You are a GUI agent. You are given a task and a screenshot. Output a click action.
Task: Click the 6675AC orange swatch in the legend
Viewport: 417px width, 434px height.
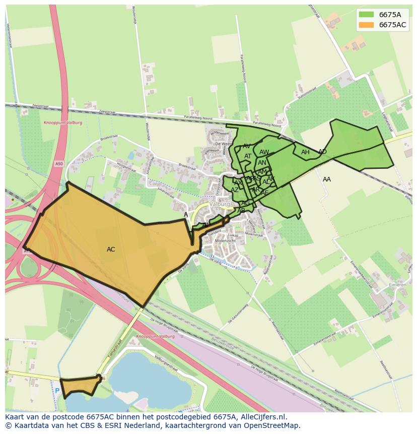click(x=367, y=25)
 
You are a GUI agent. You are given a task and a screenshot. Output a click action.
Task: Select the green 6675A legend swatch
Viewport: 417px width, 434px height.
click(x=367, y=15)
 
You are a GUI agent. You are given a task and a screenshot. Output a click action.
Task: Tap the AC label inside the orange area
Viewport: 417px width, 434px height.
click(x=111, y=250)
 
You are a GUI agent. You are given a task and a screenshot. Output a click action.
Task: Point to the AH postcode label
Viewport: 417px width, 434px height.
click(x=305, y=152)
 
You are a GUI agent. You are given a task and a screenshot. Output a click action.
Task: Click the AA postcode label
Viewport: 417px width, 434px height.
click(x=327, y=179)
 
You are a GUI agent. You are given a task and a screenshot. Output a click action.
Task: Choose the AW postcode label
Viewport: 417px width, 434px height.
click(x=264, y=152)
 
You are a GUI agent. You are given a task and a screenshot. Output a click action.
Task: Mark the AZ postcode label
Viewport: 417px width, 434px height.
click(x=235, y=190)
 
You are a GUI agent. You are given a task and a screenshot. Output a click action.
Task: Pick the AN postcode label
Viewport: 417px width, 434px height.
click(x=262, y=163)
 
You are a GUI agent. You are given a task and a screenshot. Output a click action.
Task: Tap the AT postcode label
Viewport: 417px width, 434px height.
click(x=248, y=156)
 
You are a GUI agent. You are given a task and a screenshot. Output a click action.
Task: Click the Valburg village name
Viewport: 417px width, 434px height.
click(x=220, y=204)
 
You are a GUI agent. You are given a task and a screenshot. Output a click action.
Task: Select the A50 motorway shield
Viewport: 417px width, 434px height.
click(x=59, y=164)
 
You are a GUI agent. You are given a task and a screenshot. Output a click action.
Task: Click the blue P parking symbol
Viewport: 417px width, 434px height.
click(x=57, y=391)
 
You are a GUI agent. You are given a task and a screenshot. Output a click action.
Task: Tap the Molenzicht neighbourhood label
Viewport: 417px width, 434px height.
click(x=225, y=241)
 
